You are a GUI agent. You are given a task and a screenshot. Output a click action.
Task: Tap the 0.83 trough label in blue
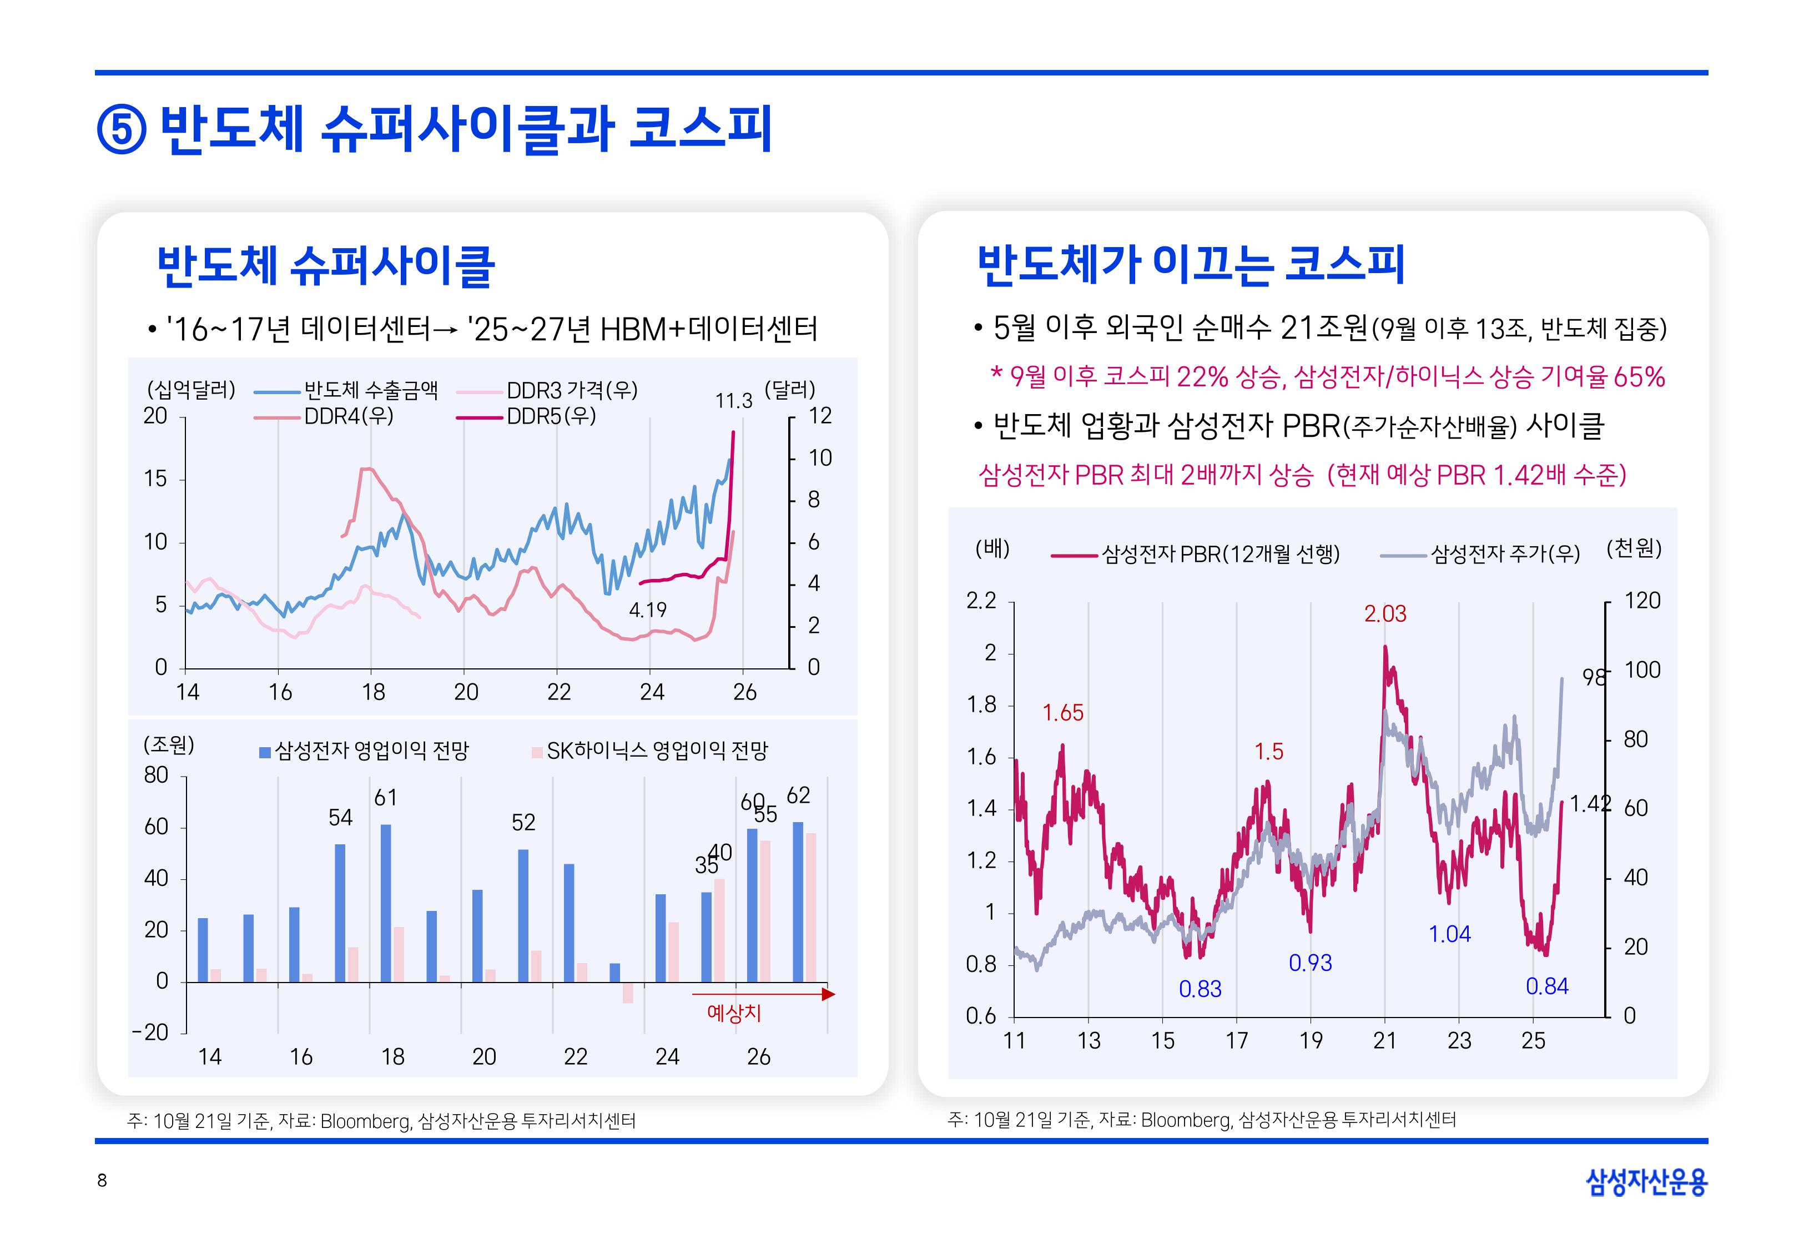(x=1200, y=990)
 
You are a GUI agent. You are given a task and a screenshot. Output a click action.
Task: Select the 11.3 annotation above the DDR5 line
(x=733, y=401)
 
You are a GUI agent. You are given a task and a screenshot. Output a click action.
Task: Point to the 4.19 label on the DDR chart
(x=648, y=610)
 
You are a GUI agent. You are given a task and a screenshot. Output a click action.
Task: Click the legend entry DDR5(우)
(x=551, y=416)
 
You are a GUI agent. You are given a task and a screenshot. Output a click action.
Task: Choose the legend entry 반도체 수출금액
(x=371, y=390)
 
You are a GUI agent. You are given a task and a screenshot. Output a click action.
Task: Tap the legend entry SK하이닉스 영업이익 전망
(x=656, y=751)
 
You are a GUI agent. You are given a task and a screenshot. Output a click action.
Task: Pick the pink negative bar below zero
(x=627, y=993)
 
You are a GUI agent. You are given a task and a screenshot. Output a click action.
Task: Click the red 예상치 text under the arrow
(x=733, y=1014)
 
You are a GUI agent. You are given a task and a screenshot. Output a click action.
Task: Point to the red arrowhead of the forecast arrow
(x=829, y=995)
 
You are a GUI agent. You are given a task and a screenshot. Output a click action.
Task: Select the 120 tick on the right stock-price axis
(x=1641, y=601)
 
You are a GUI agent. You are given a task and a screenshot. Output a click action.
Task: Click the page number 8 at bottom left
(x=102, y=1181)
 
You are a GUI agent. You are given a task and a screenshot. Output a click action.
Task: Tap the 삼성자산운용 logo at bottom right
(x=1645, y=1182)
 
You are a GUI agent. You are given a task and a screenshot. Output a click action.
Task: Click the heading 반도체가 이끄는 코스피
(x=1191, y=265)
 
